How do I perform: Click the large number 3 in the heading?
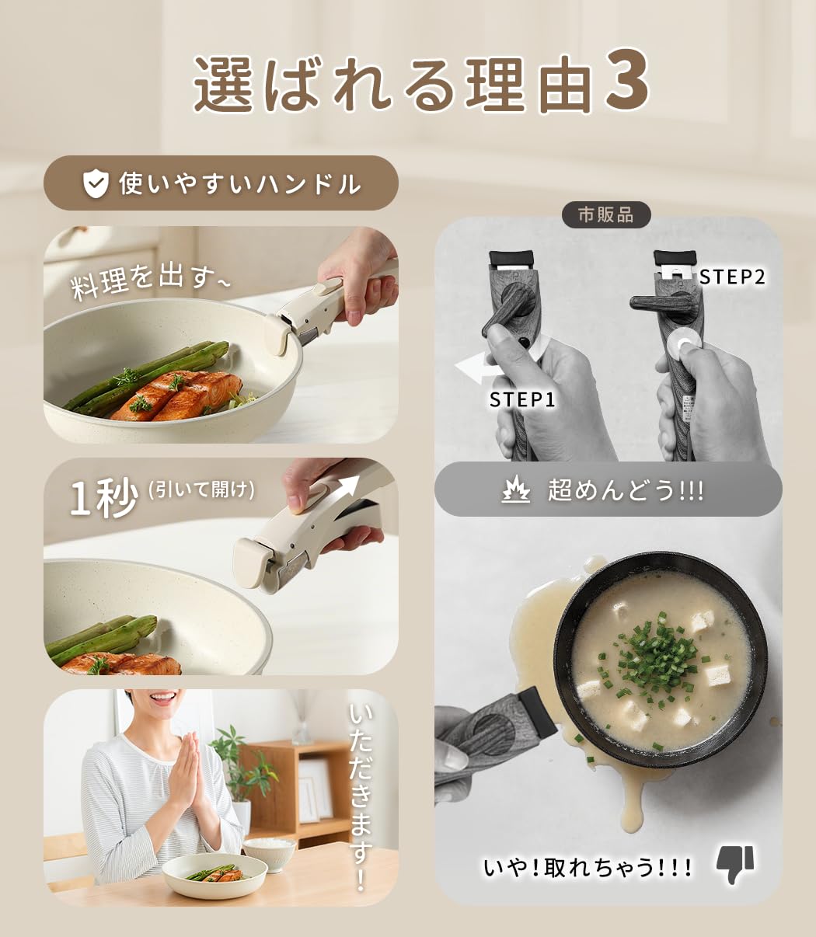tap(626, 80)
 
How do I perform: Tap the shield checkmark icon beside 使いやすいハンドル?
tap(96, 184)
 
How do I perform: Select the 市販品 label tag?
tap(606, 214)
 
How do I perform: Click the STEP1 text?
tap(522, 399)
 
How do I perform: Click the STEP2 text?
tap(732, 277)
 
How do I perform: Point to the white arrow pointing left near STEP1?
tap(478, 369)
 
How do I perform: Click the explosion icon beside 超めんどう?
tap(515, 490)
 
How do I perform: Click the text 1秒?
tap(103, 497)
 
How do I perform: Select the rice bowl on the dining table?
tap(269, 853)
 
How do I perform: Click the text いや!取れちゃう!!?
tap(588, 867)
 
